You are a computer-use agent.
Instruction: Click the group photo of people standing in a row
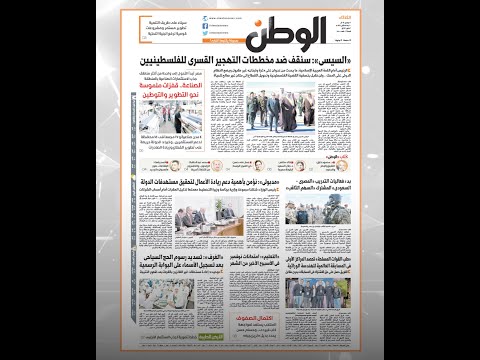point(311,293)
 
